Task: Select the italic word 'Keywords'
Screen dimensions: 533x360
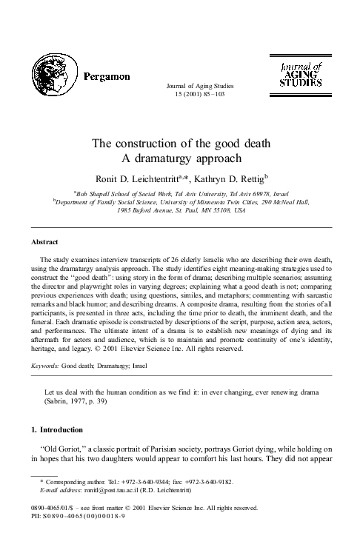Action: (x=47, y=366)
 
